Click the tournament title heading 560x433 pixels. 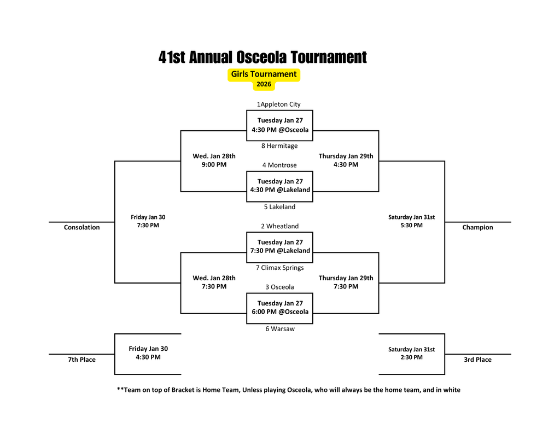[x=262, y=57]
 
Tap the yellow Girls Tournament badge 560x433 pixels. [x=264, y=74]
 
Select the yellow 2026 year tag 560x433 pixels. [x=264, y=84]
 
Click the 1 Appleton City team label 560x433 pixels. [x=278, y=104]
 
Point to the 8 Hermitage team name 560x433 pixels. [x=279, y=146]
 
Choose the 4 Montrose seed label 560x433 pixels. [x=279, y=165]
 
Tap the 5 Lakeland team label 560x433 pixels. [x=279, y=207]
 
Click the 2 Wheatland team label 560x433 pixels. [x=279, y=226]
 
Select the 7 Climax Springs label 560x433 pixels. [x=279, y=268]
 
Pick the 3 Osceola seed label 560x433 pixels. [x=279, y=287]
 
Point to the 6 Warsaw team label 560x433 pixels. [x=279, y=328]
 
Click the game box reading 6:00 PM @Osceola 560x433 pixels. [x=279, y=308]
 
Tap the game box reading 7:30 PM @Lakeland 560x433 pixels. [x=279, y=246]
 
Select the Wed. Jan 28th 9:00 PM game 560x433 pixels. [x=214, y=160]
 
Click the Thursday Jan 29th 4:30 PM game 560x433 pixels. [x=346, y=160]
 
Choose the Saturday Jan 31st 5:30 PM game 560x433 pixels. [x=411, y=221]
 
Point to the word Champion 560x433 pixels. [x=477, y=227]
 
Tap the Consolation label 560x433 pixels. [x=81, y=227]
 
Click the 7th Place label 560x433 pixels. [x=81, y=360]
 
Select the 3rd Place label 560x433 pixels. [x=477, y=360]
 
